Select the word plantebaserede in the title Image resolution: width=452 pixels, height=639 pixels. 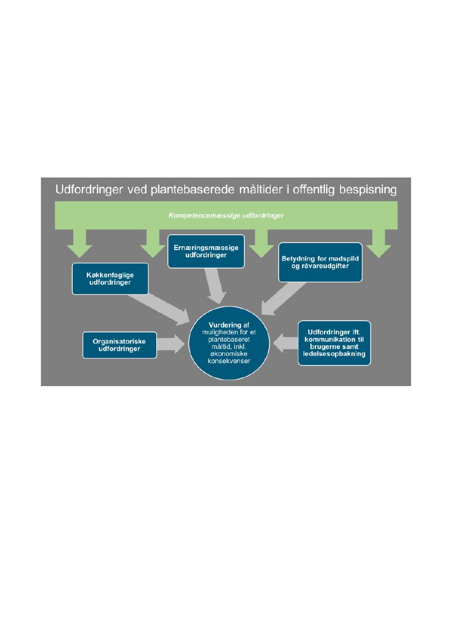tap(206, 190)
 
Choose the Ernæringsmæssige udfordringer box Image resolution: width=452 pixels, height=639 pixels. tap(206, 252)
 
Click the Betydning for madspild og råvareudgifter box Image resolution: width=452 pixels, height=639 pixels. tap(320, 262)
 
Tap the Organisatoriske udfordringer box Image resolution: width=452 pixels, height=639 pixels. tap(119, 345)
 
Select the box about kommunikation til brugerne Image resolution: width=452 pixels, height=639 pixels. tap(334, 343)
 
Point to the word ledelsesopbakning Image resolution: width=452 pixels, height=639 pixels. tap(334, 354)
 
